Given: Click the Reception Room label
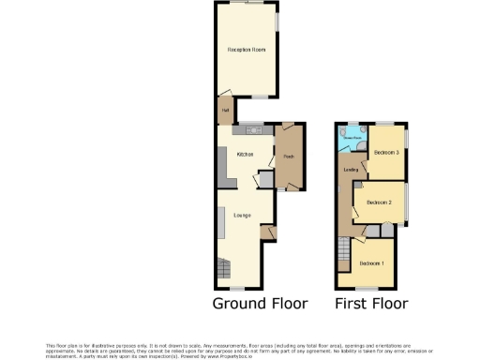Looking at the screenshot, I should click(247, 50).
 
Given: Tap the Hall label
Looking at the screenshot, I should click(225, 110).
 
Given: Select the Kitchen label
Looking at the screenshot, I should click(246, 154).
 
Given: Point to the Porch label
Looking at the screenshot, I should click(290, 156).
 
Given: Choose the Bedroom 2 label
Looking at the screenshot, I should click(379, 202).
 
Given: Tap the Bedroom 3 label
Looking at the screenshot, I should click(385, 152).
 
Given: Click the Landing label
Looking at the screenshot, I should click(352, 170).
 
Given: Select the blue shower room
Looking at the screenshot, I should click(353, 139).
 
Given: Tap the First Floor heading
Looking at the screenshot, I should click(372, 304).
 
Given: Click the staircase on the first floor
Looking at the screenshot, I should click(344, 253).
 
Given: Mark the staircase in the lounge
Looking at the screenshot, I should click(228, 268).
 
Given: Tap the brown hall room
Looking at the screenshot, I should click(225, 111).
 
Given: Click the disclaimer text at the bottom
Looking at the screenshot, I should click(240, 349).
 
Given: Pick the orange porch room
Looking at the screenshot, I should click(289, 159).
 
